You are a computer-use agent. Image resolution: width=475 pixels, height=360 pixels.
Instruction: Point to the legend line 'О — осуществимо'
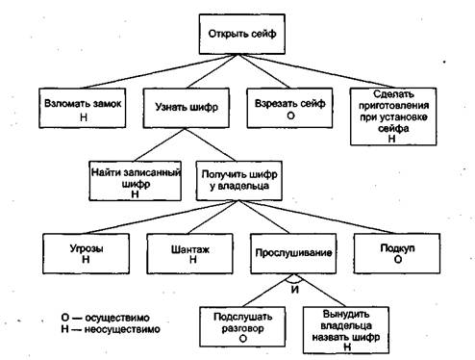tap(104, 316)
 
